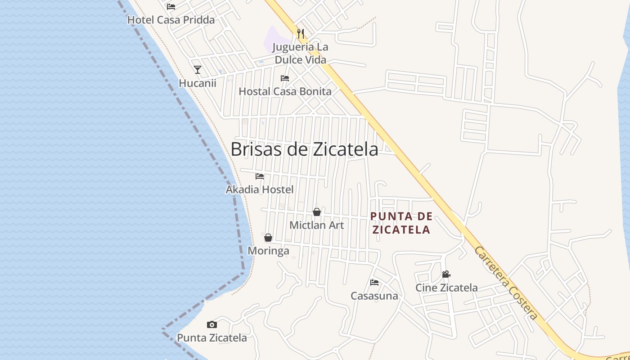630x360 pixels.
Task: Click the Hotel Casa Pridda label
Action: (x=171, y=20)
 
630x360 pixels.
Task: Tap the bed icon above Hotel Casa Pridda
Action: (x=171, y=7)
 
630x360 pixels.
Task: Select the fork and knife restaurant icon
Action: (x=301, y=33)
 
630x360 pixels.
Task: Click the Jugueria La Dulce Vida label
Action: (x=301, y=53)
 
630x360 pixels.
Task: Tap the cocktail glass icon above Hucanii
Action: (x=198, y=70)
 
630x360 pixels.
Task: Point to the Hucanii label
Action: (x=198, y=83)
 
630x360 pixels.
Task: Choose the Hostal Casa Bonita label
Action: (x=285, y=91)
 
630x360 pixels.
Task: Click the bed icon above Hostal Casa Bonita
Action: (x=285, y=78)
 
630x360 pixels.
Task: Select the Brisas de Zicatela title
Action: (x=304, y=149)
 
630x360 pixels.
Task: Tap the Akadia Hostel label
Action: (x=260, y=189)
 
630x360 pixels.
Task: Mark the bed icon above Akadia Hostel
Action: (x=260, y=176)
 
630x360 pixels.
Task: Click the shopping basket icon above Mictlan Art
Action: (x=317, y=212)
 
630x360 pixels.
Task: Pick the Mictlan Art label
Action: (x=317, y=225)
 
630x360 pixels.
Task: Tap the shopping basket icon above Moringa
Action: (x=268, y=238)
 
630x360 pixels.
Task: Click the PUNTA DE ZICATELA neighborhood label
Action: (x=400, y=223)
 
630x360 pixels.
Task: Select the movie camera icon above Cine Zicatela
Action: (x=446, y=274)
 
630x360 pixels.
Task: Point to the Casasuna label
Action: (x=374, y=296)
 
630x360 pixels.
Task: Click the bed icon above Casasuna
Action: (x=374, y=283)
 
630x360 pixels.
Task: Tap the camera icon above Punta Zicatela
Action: (x=212, y=324)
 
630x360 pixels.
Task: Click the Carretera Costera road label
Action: (x=506, y=283)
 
